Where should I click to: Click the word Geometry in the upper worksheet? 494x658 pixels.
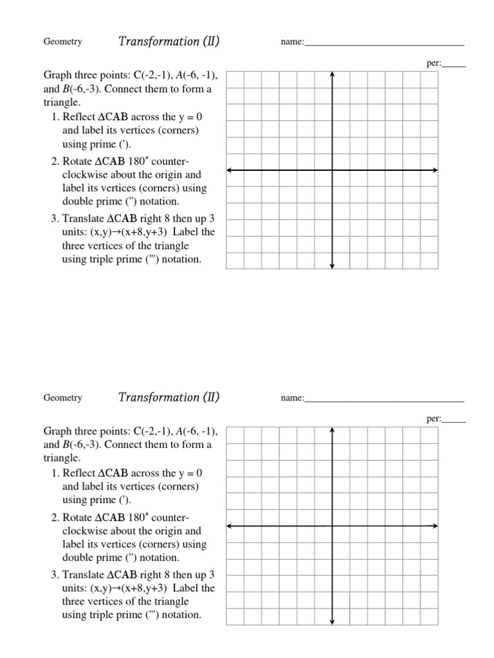[x=62, y=42]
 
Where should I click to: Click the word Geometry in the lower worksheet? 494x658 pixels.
[x=62, y=398]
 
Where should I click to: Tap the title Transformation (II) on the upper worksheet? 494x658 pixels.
[x=169, y=42]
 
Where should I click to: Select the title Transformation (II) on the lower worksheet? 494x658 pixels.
[x=169, y=398]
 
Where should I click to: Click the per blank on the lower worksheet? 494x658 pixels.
[x=454, y=421]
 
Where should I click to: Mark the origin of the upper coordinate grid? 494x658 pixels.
[x=332, y=170]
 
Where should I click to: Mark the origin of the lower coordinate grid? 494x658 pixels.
[x=332, y=526]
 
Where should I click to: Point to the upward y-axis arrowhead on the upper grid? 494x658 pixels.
[x=332, y=75]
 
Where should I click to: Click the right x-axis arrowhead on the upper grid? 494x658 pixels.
[x=435, y=170]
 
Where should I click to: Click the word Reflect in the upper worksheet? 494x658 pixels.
[x=78, y=117]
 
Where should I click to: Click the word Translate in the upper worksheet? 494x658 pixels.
[x=82, y=218]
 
